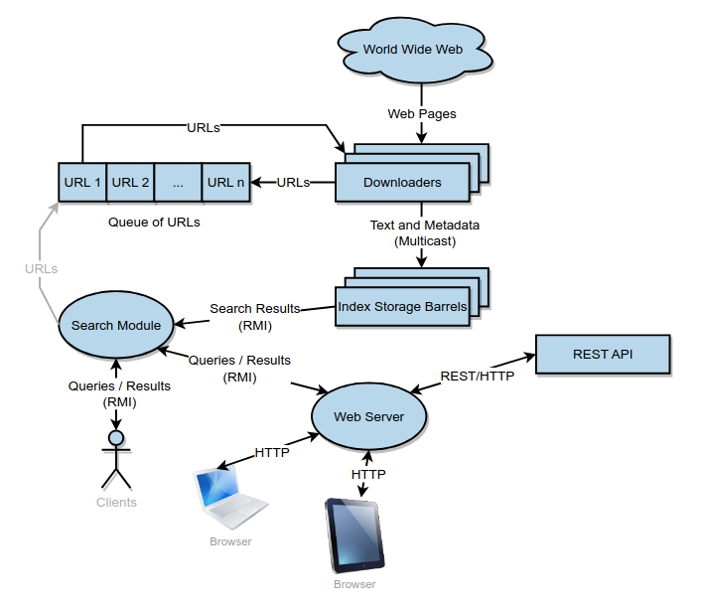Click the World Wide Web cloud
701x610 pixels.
click(x=412, y=50)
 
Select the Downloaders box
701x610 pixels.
click(x=401, y=183)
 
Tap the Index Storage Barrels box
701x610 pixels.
click(x=401, y=307)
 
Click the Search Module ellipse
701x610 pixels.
click(x=110, y=325)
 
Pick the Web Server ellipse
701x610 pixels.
click(x=368, y=416)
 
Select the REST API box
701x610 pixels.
click(x=603, y=355)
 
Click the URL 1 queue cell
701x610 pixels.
click(x=82, y=182)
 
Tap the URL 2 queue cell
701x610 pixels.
click(x=130, y=182)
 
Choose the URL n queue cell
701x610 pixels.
click(x=225, y=182)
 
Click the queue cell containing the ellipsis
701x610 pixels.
click(x=178, y=182)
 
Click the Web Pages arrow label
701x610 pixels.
click(x=422, y=113)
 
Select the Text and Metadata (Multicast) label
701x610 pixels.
click(x=424, y=232)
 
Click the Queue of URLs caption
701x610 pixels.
click(x=154, y=222)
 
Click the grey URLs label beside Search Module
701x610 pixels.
click(x=41, y=268)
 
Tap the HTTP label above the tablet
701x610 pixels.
click(x=368, y=475)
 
